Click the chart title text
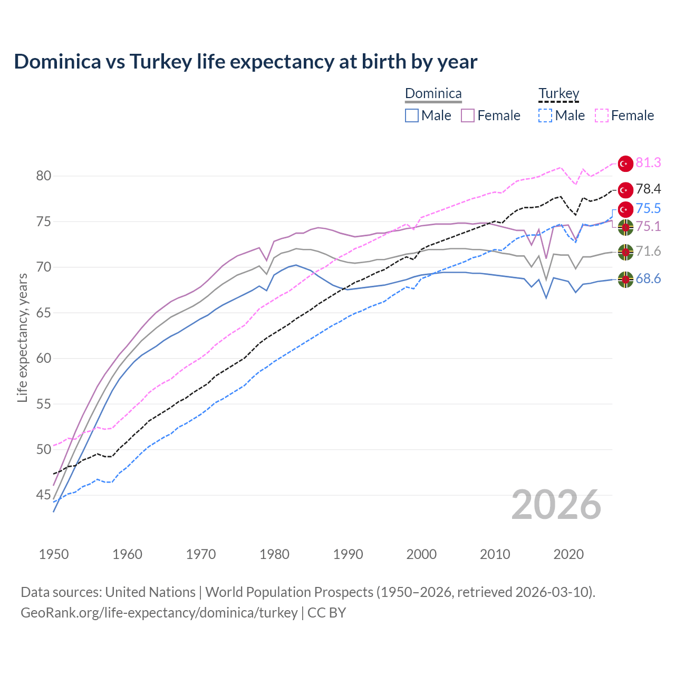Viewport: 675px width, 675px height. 245,62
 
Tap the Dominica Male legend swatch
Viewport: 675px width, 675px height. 412,115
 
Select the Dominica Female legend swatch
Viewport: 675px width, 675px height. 468,115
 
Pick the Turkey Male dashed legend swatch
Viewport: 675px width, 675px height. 545,115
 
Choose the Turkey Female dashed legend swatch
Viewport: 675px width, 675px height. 602,115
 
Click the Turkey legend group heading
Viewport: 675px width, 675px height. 558,94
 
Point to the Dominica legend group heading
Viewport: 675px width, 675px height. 433,94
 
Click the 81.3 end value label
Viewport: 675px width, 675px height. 648,163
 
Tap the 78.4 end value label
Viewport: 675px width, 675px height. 648,189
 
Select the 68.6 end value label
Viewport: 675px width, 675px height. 648,279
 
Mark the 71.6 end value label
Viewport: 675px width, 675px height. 648,252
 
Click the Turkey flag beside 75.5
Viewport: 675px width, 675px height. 625,209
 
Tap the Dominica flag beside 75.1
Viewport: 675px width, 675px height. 625,228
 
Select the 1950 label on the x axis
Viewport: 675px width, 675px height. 54,554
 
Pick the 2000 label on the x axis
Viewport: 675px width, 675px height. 421,554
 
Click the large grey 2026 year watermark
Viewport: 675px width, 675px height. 556,505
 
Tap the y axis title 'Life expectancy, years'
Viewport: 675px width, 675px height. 22,337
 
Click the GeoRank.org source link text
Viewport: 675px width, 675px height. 159,613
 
